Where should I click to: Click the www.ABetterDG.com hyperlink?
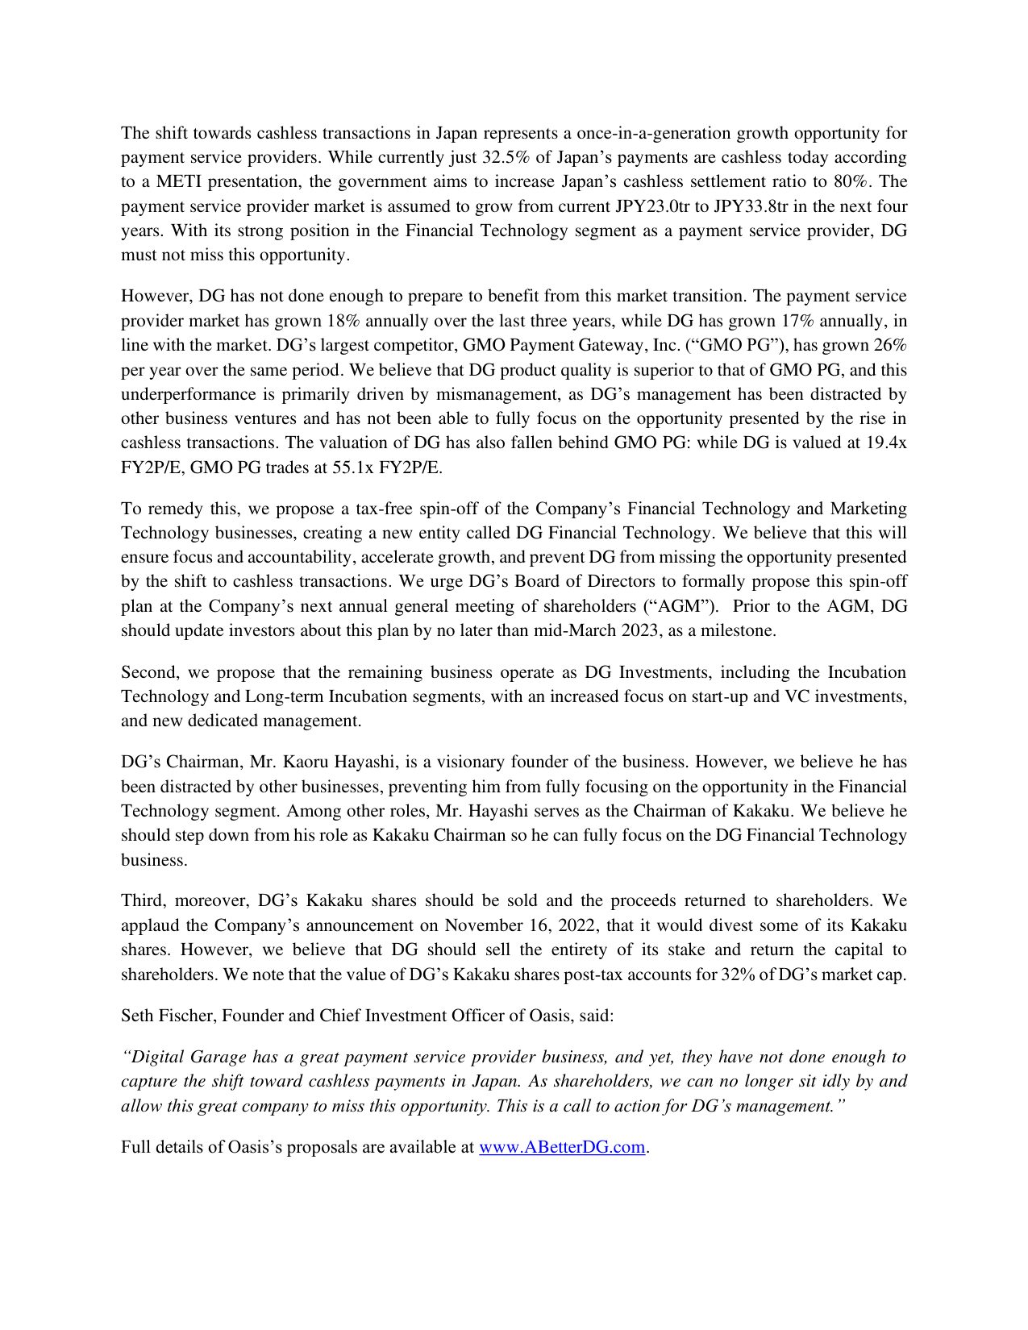(x=562, y=1147)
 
